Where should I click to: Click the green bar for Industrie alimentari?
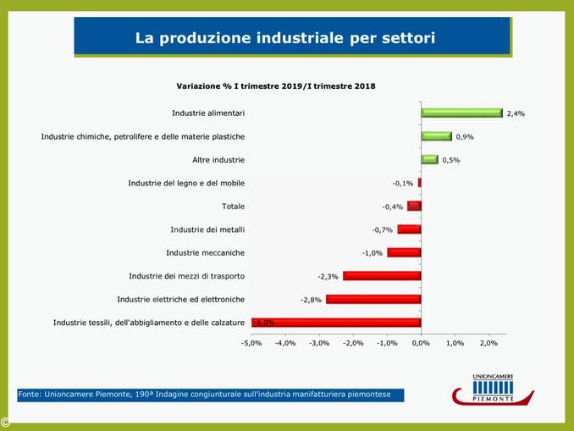point(461,113)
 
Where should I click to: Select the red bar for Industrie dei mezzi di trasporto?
point(382,276)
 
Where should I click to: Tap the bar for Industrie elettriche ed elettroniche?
point(373,299)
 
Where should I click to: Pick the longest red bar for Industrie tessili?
point(336,322)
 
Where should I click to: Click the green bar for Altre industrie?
point(429,159)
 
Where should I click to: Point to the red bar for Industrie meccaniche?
point(404,252)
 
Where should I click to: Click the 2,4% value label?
point(516,113)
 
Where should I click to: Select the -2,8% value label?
point(311,300)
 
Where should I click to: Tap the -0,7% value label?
point(382,229)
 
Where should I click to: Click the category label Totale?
point(233,206)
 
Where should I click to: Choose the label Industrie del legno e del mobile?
point(186,183)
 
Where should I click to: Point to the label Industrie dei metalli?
point(207,229)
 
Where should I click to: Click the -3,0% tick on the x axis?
point(318,343)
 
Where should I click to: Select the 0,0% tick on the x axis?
point(421,343)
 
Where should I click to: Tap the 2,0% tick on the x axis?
point(488,343)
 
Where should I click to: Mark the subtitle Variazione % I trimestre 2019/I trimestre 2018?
point(276,86)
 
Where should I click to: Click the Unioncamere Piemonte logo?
point(493,390)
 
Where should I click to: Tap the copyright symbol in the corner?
point(5,422)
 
